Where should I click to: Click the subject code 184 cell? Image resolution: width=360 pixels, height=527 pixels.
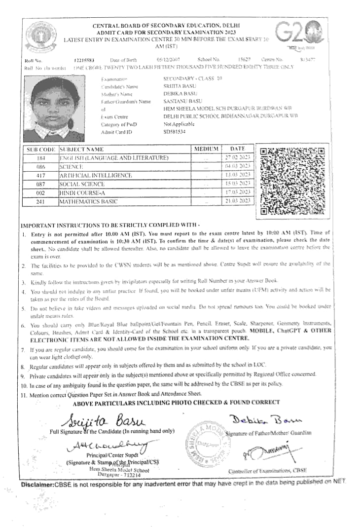(40, 157)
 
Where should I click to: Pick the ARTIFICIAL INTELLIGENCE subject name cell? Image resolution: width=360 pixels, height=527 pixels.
(96, 175)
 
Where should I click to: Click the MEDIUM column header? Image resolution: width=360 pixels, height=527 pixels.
(206, 149)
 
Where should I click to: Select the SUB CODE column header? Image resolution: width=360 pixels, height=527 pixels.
(40, 149)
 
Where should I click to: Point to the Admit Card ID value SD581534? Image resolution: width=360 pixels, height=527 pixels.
(175, 132)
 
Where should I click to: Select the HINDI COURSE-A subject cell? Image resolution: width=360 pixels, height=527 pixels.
(82, 192)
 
